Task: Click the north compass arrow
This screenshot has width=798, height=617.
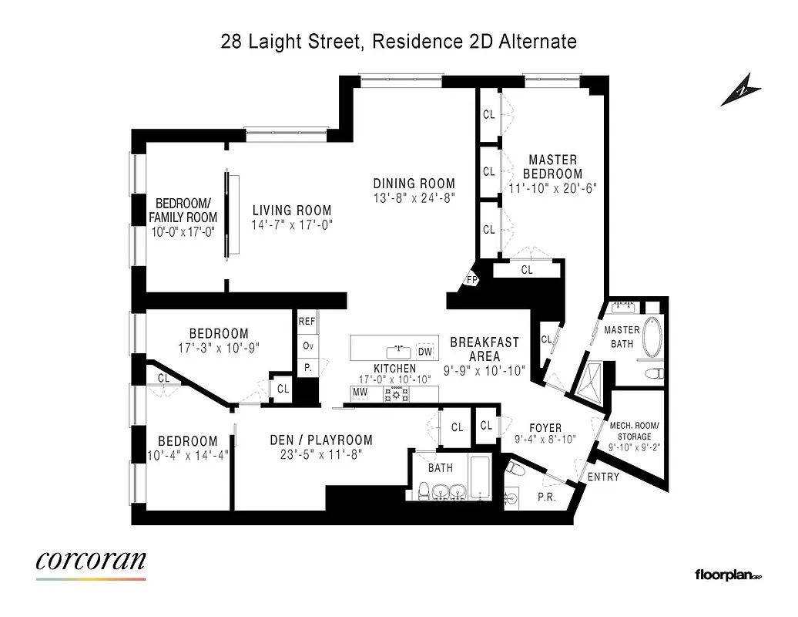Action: (x=740, y=90)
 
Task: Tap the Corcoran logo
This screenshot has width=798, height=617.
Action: (x=91, y=561)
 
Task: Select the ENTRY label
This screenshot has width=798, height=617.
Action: (x=603, y=477)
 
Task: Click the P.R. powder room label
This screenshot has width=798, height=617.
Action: (x=547, y=497)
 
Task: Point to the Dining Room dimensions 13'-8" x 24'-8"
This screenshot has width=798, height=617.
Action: (x=414, y=197)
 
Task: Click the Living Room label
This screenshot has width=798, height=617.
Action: (x=292, y=211)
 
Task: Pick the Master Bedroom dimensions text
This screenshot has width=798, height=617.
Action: (x=552, y=187)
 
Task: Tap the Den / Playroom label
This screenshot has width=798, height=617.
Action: (x=321, y=440)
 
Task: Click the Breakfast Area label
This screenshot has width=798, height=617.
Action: (x=484, y=349)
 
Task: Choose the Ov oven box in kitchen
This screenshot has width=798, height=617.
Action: (x=307, y=346)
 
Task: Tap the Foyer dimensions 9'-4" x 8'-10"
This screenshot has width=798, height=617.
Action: (x=545, y=441)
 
